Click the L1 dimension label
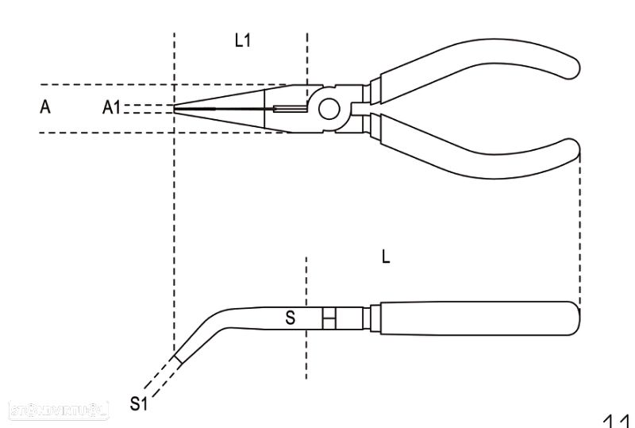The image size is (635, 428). point(243,40)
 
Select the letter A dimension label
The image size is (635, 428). point(45,107)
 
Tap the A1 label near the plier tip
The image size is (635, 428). point(112,108)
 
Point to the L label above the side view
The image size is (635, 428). point(386,257)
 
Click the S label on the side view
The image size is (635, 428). point(291,318)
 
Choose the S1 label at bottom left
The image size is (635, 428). point(139,404)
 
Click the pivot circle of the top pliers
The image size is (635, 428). point(329,108)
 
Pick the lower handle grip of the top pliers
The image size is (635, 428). point(476,151)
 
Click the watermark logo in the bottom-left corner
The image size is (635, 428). point(55,410)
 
